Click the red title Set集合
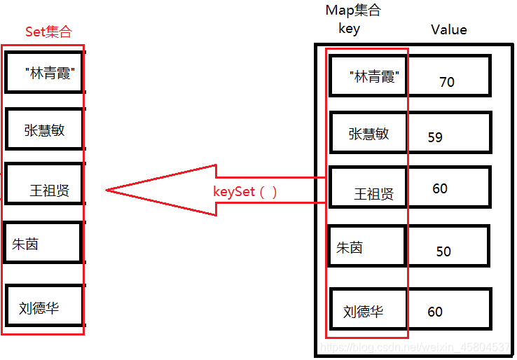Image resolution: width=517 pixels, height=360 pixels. (x=48, y=32)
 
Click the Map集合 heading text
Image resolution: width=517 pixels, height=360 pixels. (x=354, y=11)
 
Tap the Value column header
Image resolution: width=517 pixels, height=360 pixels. (x=448, y=29)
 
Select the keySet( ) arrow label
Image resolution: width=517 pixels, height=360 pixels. (x=245, y=191)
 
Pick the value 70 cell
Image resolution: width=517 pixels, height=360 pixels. (x=447, y=82)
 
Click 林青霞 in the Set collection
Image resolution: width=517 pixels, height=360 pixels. (x=50, y=74)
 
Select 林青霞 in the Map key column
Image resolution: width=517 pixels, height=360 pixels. (x=375, y=77)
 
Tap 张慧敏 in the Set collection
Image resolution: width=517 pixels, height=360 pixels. (x=44, y=130)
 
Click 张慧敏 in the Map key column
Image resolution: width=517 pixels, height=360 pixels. (x=368, y=134)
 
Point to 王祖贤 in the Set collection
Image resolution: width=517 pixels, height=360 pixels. (x=49, y=191)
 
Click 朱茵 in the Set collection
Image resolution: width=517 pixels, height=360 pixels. (x=25, y=244)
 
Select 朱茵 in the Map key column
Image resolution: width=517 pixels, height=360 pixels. (x=350, y=248)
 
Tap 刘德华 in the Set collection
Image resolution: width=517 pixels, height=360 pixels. (x=39, y=307)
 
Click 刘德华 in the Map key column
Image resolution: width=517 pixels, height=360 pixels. (x=364, y=312)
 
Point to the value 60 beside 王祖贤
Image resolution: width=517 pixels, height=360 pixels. (x=440, y=188)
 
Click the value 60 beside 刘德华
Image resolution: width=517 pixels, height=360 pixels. (x=435, y=312)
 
